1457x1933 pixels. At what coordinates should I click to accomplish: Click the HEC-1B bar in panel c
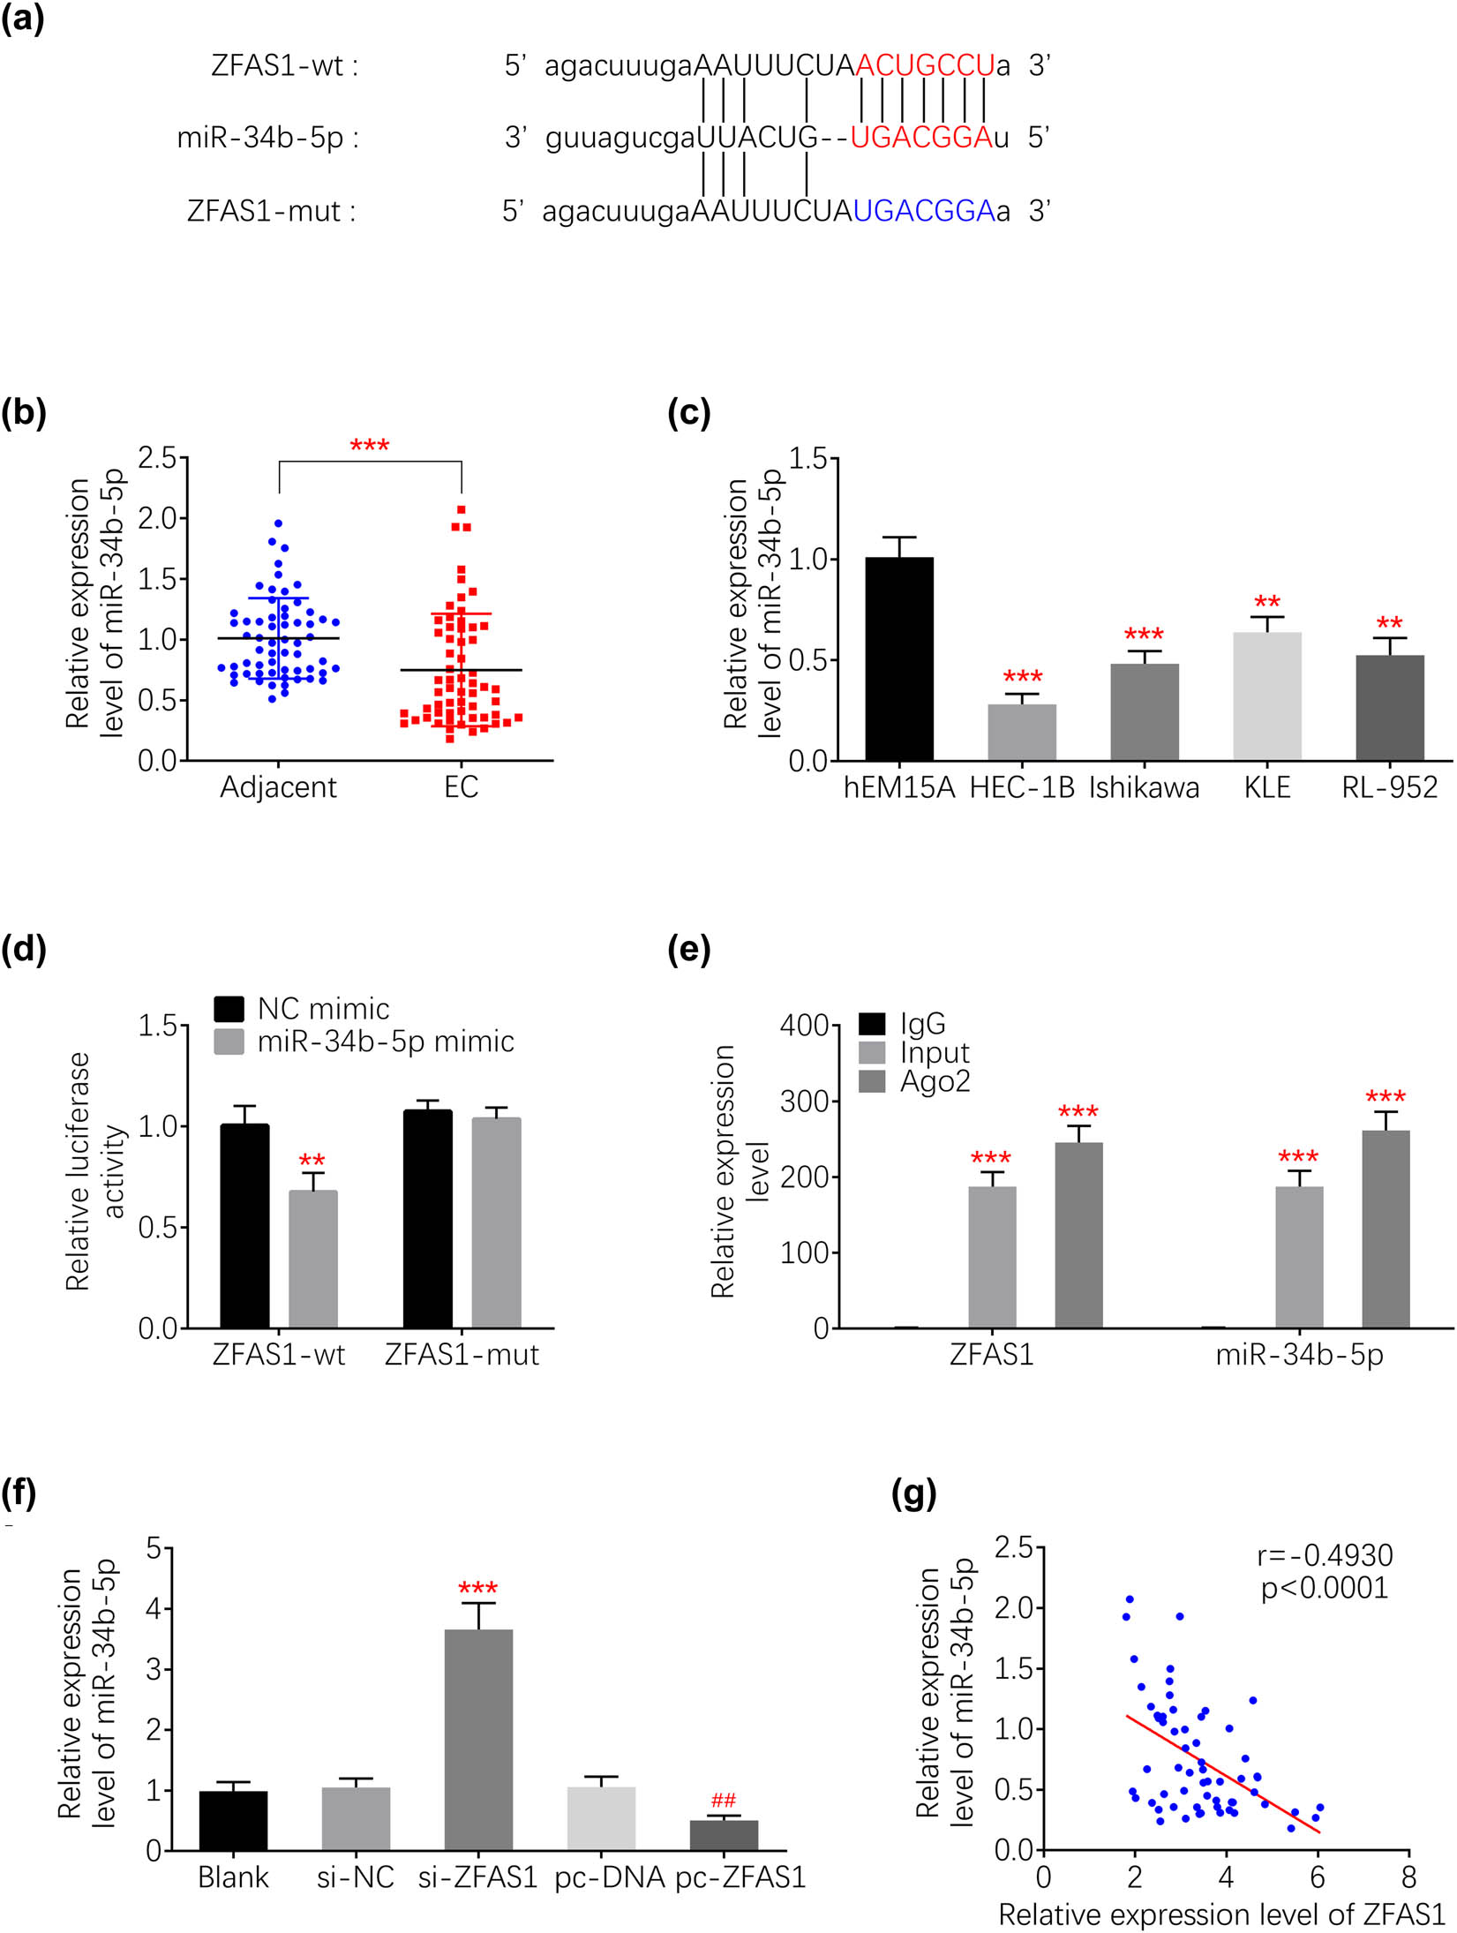(x=1021, y=732)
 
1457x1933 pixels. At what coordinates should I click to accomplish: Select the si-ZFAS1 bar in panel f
(x=478, y=1739)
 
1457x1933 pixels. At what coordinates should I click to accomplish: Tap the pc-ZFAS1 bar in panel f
(x=723, y=1835)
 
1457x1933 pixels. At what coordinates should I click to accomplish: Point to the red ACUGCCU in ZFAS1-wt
(x=925, y=65)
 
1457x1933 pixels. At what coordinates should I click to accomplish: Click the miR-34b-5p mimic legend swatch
(x=229, y=1042)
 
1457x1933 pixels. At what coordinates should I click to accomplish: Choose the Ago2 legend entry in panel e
(x=934, y=1081)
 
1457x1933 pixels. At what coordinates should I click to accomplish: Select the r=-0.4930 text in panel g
(x=1325, y=1554)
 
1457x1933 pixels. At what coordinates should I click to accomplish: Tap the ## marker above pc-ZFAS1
(x=723, y=1801)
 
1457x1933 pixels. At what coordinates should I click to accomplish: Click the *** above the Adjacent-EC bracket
(x=369, y=446)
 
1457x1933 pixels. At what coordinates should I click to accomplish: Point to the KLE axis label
(x=1266, y=787)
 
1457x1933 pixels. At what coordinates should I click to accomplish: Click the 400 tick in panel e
(x=804, y=1026)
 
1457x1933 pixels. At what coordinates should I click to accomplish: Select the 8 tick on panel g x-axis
(x=1408, y=1877)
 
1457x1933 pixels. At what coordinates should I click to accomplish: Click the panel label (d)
(x=24, y=950)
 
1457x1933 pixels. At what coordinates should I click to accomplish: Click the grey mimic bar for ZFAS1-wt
(x=313, y=1259)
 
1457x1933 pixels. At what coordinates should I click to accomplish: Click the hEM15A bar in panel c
(x=898, y=658)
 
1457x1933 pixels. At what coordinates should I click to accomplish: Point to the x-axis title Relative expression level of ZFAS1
(x=1221, y=1914)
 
